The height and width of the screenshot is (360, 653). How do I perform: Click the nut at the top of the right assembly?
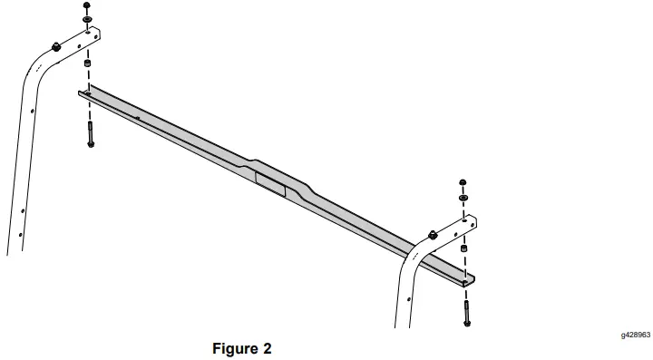pos(463,183)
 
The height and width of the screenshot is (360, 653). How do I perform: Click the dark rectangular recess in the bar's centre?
pos(270,181)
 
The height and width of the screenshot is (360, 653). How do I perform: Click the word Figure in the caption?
pos(233,347)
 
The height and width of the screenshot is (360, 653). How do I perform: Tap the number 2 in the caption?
pos(266,347)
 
